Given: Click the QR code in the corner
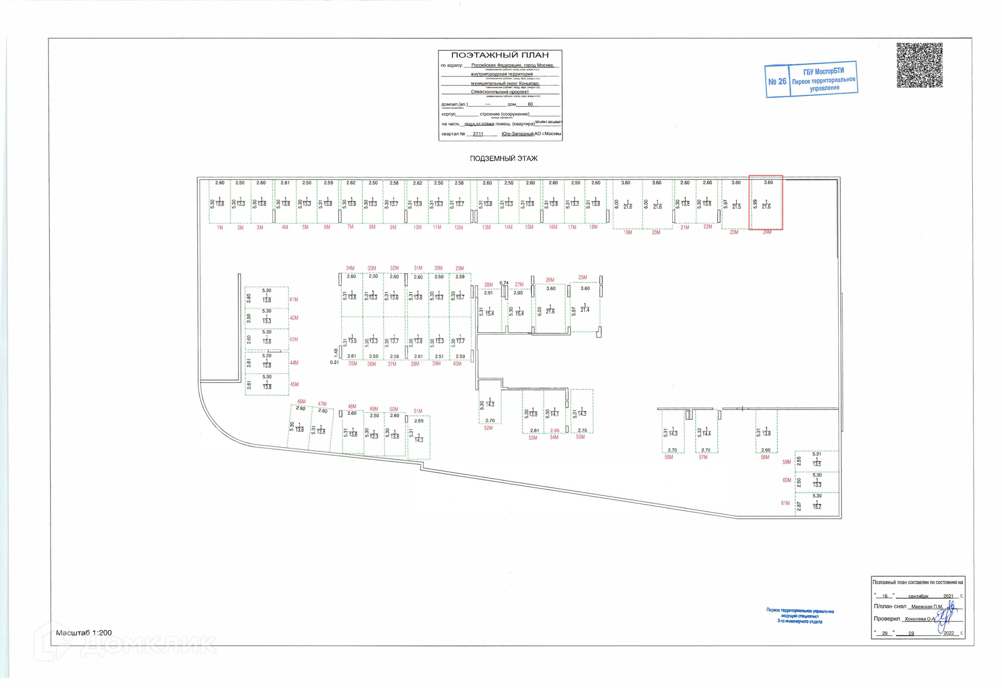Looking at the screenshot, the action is click(919, 65).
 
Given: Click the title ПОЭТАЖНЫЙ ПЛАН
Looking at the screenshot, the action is click(499, 55).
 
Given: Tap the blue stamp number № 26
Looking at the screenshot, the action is click(777, 81).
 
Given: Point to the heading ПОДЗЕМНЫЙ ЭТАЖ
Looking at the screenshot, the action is click(503, 159).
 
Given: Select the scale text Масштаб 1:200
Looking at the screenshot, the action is click(83, 633).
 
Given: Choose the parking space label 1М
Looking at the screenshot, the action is click(220, 228).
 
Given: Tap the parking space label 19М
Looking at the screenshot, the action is click(628, 233).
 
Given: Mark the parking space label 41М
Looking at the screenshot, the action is click(294, 300).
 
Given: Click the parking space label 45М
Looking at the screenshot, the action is click(294, 384).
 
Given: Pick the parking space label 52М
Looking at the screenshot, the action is click(488, 428).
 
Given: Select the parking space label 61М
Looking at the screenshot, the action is click(785, 503).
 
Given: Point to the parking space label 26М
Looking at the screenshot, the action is click(550, 280).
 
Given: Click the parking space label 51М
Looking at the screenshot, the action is click(418, 412).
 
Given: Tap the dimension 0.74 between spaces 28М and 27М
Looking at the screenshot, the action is click(504, 283).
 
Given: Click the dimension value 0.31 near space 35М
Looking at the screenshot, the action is click(335, 363).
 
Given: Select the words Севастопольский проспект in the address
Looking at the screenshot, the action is click(499, 92).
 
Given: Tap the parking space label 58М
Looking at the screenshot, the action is click(765, 457).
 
